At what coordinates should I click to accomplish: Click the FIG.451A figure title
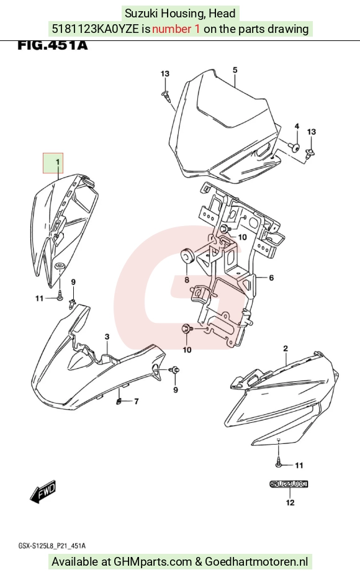(53, 45)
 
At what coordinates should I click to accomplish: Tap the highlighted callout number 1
(57, 161)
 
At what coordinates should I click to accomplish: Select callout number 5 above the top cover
(235, 70)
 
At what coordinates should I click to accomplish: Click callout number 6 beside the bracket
(271, 278)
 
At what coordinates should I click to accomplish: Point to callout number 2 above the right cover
(286, 348)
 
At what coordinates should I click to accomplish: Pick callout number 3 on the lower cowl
(107, 337)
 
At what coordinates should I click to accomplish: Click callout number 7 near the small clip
(137, 401)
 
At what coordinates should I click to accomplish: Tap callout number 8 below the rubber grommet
(187, 280)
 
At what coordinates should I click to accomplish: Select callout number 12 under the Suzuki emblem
(290, 502)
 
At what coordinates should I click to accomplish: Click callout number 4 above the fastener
(297, 126)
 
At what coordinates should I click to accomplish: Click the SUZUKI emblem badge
(289, 484)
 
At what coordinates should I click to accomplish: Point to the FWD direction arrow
(43, 491)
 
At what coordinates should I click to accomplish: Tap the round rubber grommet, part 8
(187, 256)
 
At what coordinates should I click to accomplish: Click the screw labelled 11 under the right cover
(279, 463)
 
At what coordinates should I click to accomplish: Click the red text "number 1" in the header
(176, 29)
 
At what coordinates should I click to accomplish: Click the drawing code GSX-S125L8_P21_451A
(52, 546)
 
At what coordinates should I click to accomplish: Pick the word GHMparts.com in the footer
(153, 561)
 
